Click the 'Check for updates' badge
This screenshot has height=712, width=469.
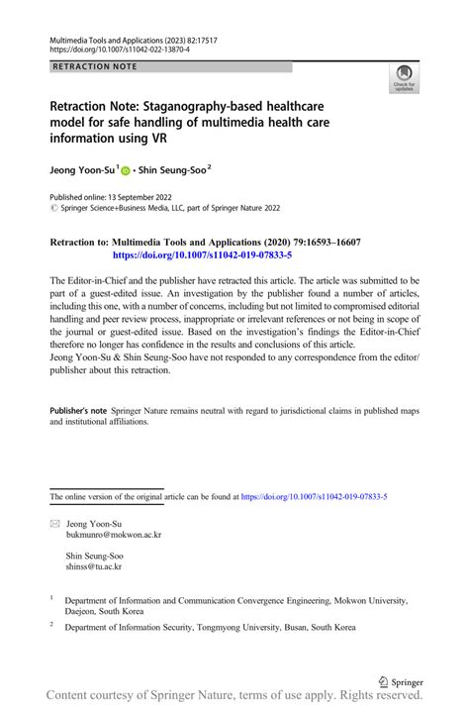[x=405, y=79]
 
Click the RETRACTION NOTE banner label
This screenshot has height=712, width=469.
[x=97, y=67]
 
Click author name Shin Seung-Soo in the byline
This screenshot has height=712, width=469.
[x=175, y=169]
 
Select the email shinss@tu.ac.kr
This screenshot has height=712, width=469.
[x=94, y=567]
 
